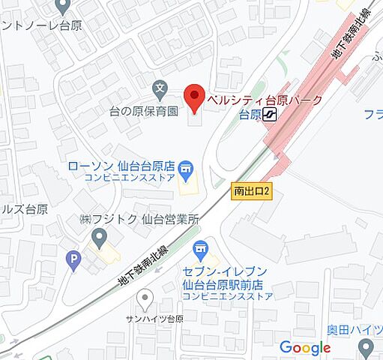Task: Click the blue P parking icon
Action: pos(73,261)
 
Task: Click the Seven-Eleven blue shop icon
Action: pos(200,248)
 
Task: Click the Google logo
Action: pos(305,347)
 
